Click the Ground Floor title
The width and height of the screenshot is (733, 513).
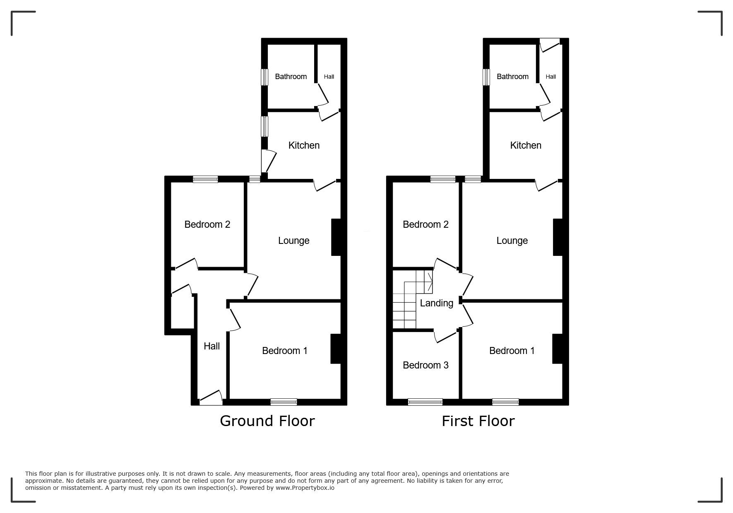pos(267,421)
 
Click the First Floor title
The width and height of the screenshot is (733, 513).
pos(478,421)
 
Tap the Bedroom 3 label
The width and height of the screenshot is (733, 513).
pos(425,365)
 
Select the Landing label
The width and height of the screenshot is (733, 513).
pos(436,303)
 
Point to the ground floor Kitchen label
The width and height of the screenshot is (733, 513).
pos(304,145)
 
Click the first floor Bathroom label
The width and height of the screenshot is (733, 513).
pos(512,77)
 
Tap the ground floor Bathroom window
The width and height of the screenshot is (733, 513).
pos(264,77)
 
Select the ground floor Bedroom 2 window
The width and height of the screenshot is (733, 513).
pos(205,179)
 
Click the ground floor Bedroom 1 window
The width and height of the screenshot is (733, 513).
pos(284,402)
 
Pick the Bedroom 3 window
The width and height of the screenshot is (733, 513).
pos(425,402)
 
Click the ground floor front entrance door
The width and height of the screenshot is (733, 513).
pos(211,398)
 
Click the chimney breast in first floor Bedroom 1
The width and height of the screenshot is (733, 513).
pos(558,349)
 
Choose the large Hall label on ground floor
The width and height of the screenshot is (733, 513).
pos(211,346)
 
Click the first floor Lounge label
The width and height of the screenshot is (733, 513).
pos(512,241)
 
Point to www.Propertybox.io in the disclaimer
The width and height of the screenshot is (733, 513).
pos(305,488)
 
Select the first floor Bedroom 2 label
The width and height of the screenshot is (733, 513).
pos(425,224)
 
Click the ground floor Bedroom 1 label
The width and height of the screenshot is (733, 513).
pos(285,351)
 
